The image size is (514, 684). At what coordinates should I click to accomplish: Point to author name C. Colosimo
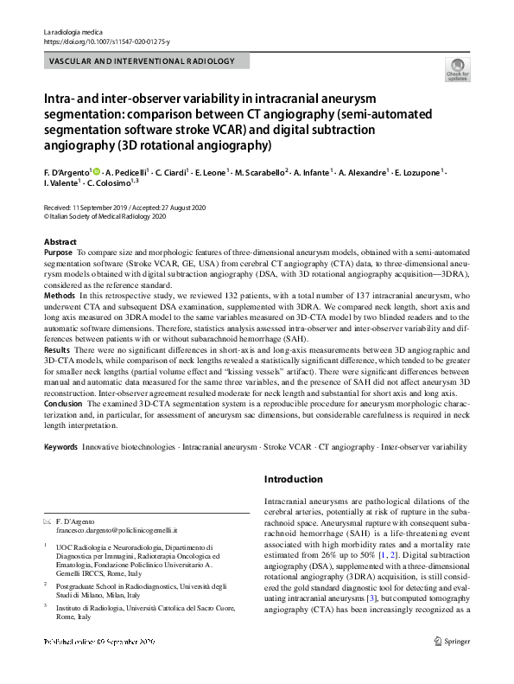[x=118, y=184]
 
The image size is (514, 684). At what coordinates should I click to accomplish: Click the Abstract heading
[x=60, y=241]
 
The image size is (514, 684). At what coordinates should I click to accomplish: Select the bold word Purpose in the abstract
[x=59, y=251]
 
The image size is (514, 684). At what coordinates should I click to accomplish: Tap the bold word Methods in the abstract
[x=60, y=296]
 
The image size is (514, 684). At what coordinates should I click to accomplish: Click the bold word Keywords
[x=60, y=447]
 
